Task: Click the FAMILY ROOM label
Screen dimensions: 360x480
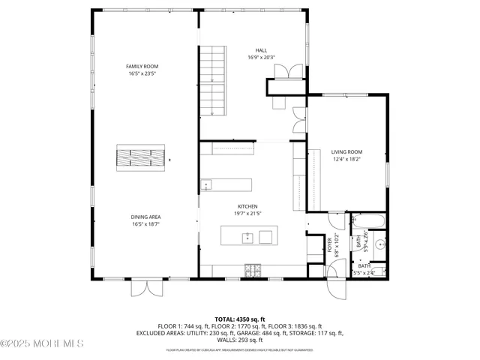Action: click(142, 67)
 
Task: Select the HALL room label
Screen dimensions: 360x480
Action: click(261, 50)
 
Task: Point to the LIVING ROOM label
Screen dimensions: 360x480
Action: click(346, 152)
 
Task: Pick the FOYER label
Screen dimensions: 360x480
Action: click(328, 245)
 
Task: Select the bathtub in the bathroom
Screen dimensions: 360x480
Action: click(368, 222)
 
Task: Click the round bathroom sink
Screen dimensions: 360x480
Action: click(380, 244)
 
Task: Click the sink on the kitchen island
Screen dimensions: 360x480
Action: click(247, 238)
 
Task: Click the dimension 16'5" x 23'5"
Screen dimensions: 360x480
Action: click(142, 73)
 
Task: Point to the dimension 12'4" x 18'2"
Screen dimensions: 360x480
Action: click(346, 159)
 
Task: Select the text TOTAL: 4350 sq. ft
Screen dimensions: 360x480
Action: click(240, 319)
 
